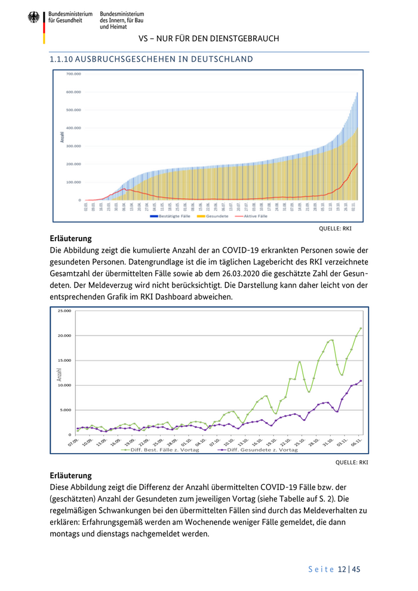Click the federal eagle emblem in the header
(33, 17)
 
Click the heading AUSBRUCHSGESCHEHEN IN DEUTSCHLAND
(152, 59)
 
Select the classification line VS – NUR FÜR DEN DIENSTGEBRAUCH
(209, 39)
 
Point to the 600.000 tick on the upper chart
(73, 92)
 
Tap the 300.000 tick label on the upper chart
(73, 146)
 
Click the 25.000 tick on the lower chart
(63, 311)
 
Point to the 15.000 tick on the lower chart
(63, 361)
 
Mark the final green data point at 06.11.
(361, 328)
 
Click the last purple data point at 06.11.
(361, 381)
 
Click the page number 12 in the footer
(342, 570)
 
